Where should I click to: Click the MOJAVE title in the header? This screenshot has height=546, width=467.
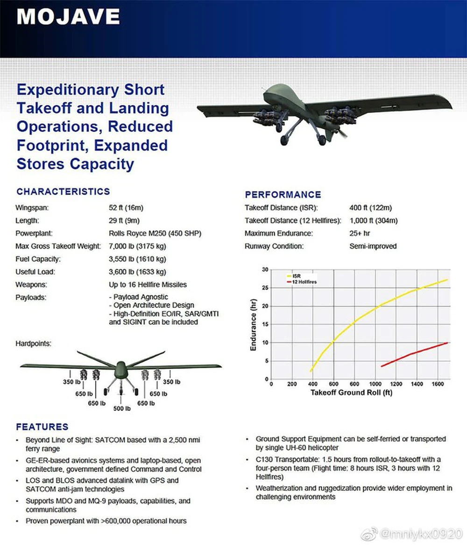tap(68, 17)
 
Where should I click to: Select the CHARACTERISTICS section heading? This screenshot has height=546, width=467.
tap(63, 192)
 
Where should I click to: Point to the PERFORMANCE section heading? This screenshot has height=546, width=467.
tap(283, 195)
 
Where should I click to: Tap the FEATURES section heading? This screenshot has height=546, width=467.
tap(42, 427)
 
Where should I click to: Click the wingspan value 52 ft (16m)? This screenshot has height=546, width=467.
tap(126, 208)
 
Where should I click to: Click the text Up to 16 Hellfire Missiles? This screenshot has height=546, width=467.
tap(148, 285)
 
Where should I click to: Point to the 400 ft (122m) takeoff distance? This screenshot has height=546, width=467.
tap(370, 208)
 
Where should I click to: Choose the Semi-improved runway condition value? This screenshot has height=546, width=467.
tap(373, 246)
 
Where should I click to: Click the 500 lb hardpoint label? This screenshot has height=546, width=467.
tap(121, 409)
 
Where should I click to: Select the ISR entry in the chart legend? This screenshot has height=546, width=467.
tap(296, 276)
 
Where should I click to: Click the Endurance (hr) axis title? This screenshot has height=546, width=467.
tap(254, 325)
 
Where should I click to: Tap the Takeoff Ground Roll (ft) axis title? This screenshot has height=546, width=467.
tap(351, 392)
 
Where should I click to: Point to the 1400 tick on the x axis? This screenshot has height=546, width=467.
tap(417, 384)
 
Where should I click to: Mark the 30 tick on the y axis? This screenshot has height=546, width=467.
tap(265, 269)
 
